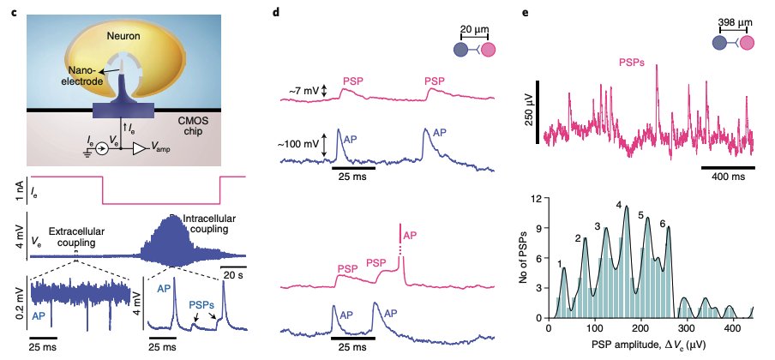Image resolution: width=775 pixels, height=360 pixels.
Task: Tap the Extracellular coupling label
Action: pos(77,237)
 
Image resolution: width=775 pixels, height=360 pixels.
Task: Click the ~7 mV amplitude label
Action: pos(306,90)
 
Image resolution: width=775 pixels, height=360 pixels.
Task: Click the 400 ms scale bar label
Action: pos(727,176)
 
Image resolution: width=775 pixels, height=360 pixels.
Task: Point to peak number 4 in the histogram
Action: pos(618,204)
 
